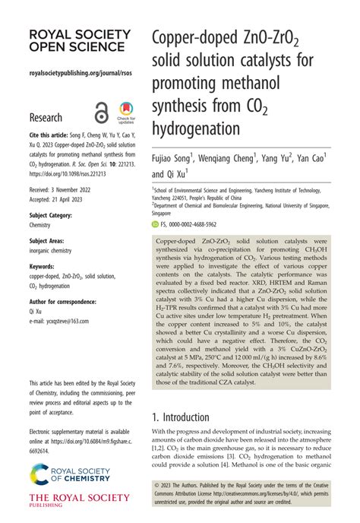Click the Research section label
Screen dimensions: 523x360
point(46,118)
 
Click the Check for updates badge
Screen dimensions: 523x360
point(125,113)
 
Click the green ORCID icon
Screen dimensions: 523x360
point(155,225)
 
